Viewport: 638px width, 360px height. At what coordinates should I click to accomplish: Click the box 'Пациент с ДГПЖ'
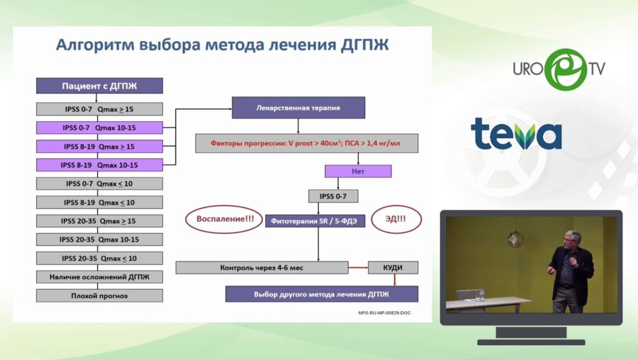coord(99,86)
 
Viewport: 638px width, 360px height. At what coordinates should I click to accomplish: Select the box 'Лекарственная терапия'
coord(298,108)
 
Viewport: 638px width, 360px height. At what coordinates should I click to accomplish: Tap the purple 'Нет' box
coord(357,171)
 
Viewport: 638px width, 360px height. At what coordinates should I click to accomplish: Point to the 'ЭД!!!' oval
coord(396,219)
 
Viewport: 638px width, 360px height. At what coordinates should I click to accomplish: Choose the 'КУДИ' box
coord(393,268)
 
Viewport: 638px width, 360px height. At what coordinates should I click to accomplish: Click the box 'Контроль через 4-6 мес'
coord(262,268)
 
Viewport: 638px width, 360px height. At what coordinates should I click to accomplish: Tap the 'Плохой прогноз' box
coord(99,295)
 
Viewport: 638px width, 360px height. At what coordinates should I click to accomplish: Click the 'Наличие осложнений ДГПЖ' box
coord(99,276)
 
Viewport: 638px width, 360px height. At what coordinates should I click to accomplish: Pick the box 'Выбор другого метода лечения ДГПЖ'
coord(321,293)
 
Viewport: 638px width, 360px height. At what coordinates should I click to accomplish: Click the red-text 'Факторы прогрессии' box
coord(306,143)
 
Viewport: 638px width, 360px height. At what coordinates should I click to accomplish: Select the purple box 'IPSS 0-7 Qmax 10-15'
coord(99,128)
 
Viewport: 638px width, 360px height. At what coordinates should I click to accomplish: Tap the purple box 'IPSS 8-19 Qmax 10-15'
coord(99,164)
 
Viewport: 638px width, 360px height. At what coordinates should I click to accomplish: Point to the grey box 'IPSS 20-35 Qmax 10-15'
coord(99,239)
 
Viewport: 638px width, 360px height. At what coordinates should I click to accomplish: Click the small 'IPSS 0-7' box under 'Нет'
coord(332,196)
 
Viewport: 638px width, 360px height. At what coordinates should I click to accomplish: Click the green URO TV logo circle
coord(566,69)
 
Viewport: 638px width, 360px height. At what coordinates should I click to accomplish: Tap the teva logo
coord(516,133)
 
